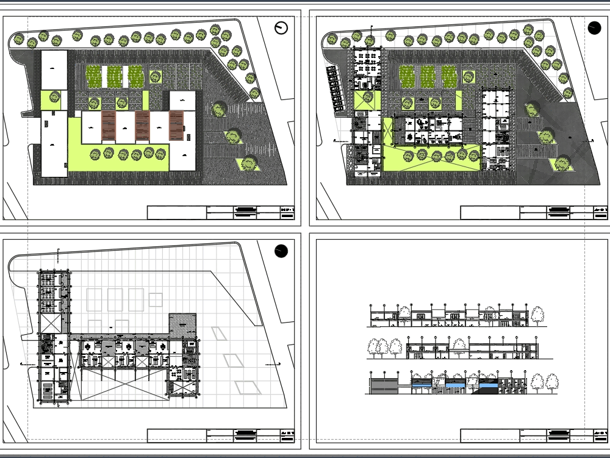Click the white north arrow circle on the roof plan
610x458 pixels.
pos(281,27)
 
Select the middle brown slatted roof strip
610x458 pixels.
pos(142,126)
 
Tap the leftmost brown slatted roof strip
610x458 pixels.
pos(109,126)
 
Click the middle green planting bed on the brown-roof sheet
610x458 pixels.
pos(115,77)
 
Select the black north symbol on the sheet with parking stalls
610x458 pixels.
pos(595,27)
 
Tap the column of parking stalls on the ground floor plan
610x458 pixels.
pos(334,89)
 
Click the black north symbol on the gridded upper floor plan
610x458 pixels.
pos(281,251)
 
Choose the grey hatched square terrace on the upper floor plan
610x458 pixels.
pos(182,324)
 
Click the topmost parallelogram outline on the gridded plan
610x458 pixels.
pos(218,333)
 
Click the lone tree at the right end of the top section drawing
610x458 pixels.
pos(537,315)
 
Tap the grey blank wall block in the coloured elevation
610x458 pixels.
pos(383,385)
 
